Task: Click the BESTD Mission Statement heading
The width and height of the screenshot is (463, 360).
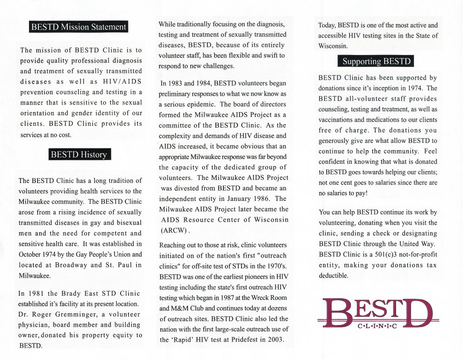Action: pyautogui.click(x=79, y=27)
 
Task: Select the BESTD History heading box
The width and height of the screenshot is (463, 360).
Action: pyautogui.click(x=79, y=154)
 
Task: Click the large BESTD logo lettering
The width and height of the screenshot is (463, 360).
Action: pyautogui.click(x=378, y=312)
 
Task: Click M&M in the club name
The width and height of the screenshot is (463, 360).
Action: pyautogui.click(x=169, y=308)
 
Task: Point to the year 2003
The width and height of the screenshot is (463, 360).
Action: pyautogui.click(x=276, y=340)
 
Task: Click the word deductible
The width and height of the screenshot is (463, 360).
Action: pyautogui.click(x=333, y=276)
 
